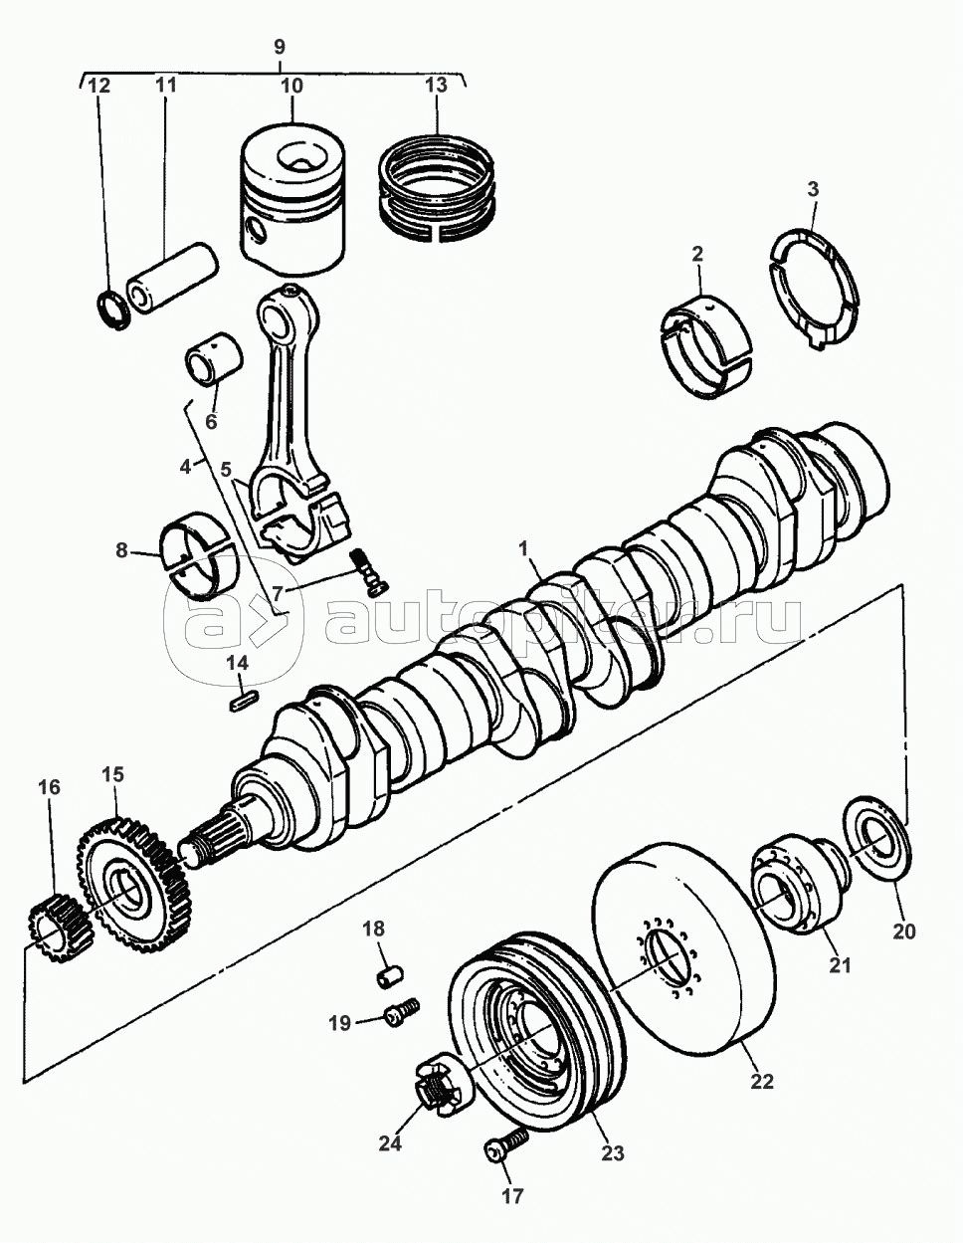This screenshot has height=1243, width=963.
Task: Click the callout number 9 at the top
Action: point(279,46)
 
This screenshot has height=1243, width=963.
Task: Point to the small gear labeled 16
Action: point(59,927)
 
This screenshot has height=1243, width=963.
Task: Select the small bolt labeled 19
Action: point(399,1014)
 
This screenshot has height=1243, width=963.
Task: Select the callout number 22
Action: point(761,1081)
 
